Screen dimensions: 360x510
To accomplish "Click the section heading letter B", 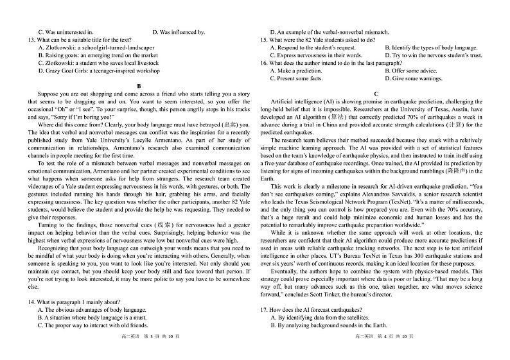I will click(138, 85).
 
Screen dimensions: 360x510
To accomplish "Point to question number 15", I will click(264, 40).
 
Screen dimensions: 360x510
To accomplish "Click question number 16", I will click(264, 63).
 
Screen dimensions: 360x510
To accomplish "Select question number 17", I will click(264, 310).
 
